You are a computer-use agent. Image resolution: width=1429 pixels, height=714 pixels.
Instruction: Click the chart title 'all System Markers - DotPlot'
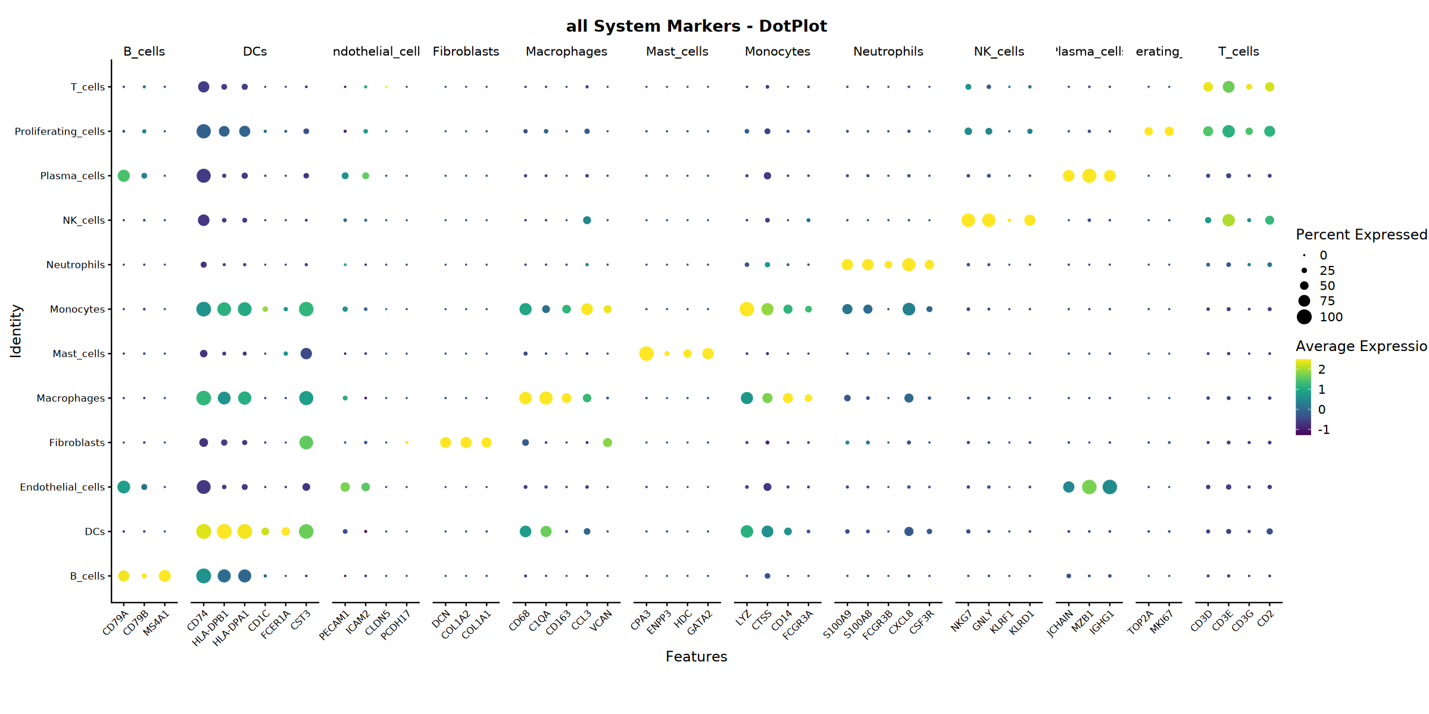click(696, 26)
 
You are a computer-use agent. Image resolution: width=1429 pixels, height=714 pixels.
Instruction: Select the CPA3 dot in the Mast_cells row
click(646, 353)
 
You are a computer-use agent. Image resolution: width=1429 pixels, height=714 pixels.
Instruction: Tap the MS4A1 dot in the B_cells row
click(165, 576)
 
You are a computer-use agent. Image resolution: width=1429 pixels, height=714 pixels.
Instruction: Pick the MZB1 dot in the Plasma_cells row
click(1089, 176)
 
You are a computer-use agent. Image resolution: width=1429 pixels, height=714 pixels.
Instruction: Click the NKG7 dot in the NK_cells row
click(968, 220)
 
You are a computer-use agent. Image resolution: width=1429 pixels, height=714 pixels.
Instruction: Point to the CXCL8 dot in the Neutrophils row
click(909, 265)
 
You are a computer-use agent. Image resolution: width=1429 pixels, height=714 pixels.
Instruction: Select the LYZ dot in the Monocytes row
click(747, 309)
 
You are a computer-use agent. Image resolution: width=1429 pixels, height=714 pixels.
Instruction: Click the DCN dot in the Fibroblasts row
click(445, 443)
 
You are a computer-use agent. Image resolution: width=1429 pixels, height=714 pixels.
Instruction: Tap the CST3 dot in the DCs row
click(306, 531)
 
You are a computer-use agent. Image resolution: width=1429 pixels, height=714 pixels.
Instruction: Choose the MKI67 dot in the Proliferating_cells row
click(1169, 131)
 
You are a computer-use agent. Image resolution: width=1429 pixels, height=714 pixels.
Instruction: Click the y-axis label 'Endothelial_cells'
click(63, 487)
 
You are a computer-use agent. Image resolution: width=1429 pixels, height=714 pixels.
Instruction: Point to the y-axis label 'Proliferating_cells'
click(60, 131)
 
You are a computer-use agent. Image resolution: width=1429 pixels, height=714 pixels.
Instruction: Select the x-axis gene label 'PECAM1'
click(335, 625)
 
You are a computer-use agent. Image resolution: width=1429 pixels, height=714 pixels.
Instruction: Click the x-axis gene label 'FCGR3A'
click(798, 625)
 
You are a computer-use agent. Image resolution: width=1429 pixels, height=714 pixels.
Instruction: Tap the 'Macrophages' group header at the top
click(566, 52)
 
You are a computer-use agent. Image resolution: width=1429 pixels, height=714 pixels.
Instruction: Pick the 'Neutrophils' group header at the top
click(888, 52)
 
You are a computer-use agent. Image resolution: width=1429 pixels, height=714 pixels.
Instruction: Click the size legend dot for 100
click(1304, 317)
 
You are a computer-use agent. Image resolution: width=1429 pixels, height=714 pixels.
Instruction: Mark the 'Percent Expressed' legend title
click(1361, 234)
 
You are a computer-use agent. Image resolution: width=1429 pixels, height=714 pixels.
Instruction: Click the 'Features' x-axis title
click(696, 657)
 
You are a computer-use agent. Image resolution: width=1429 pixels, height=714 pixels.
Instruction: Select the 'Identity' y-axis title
click(16, 331)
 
